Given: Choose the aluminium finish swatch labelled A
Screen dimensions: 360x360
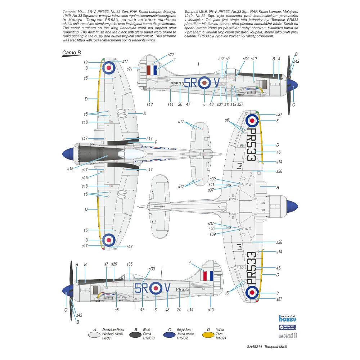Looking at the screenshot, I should (95, 334).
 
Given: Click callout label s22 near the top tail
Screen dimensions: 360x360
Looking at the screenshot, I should (171, 54).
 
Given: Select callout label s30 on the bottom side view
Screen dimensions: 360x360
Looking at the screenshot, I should (152, 269).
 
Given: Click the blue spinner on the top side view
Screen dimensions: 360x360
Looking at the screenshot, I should (294, 86).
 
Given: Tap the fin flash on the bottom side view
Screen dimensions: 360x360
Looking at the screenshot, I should (207, 276).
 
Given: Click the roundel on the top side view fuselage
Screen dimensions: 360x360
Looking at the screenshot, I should (204, 83).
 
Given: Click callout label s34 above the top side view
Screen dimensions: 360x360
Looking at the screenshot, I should (246, 58).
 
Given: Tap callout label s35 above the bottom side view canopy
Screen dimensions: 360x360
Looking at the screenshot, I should (130, 264).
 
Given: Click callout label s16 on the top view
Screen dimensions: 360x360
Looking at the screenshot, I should (85, 178).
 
